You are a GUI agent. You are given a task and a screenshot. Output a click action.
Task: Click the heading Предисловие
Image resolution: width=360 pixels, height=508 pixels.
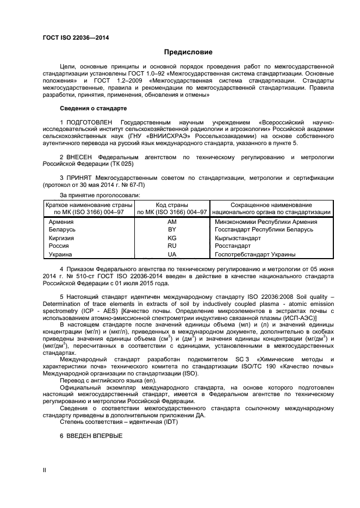point(188,52)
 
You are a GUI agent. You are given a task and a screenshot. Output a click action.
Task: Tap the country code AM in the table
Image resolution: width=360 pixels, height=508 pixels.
point(172,222)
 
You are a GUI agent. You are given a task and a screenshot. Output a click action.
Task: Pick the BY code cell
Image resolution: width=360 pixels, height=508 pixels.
point(172,230)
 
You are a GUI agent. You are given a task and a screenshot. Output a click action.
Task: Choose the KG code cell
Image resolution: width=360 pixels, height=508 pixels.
point(172,238)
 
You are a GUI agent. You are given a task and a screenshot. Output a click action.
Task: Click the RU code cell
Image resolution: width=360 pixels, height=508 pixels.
point(172,246)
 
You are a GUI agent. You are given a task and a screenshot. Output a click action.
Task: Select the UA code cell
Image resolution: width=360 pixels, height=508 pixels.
point(172,254)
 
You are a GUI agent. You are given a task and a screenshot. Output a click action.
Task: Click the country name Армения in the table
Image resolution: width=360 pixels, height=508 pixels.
point(61,222)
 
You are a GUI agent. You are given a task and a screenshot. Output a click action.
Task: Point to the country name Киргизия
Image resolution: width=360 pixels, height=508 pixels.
point(62,238)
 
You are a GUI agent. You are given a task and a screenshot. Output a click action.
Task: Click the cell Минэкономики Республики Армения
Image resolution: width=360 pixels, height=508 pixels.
point(266,222)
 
